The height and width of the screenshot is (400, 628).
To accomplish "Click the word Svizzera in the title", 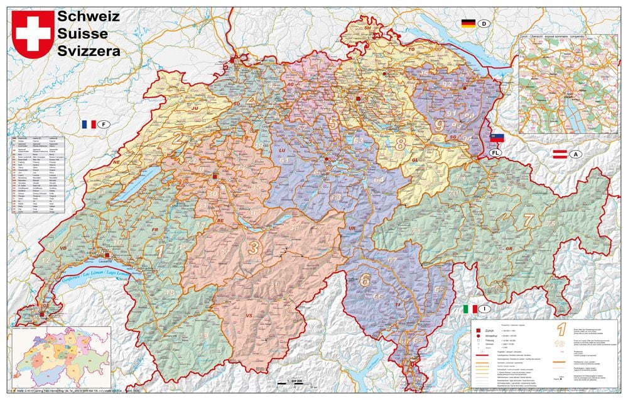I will click(89, 52).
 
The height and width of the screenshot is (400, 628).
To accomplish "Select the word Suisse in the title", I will click(82, 34).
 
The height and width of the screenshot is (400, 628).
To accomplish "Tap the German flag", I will click(468, 24).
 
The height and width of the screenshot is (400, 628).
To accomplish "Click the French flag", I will click(87, 125).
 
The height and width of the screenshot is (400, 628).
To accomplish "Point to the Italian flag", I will click(469, 309).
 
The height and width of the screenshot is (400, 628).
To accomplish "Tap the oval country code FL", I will click(495, 152).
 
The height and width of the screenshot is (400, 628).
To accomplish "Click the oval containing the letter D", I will click(484, 24).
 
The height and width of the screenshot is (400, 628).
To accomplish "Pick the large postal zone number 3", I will click(253, 248).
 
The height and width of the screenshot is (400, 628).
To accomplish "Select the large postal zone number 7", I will click(529, 219).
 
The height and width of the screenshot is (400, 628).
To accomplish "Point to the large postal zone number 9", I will click(438, 125).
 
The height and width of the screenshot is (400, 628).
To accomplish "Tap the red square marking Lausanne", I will click(107, 255).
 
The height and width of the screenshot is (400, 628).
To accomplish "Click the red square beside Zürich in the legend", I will click(479, 331).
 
